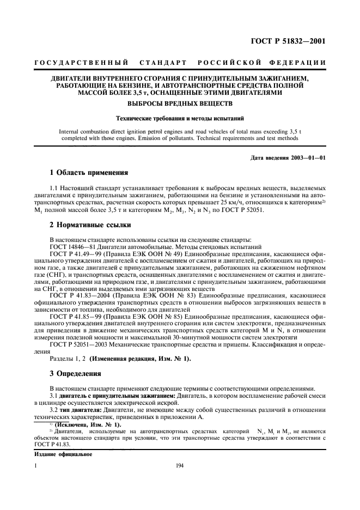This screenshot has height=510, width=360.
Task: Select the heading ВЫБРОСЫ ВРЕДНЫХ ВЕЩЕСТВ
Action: [x=179, y=103]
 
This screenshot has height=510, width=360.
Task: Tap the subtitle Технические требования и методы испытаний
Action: [x=179, y=118]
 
